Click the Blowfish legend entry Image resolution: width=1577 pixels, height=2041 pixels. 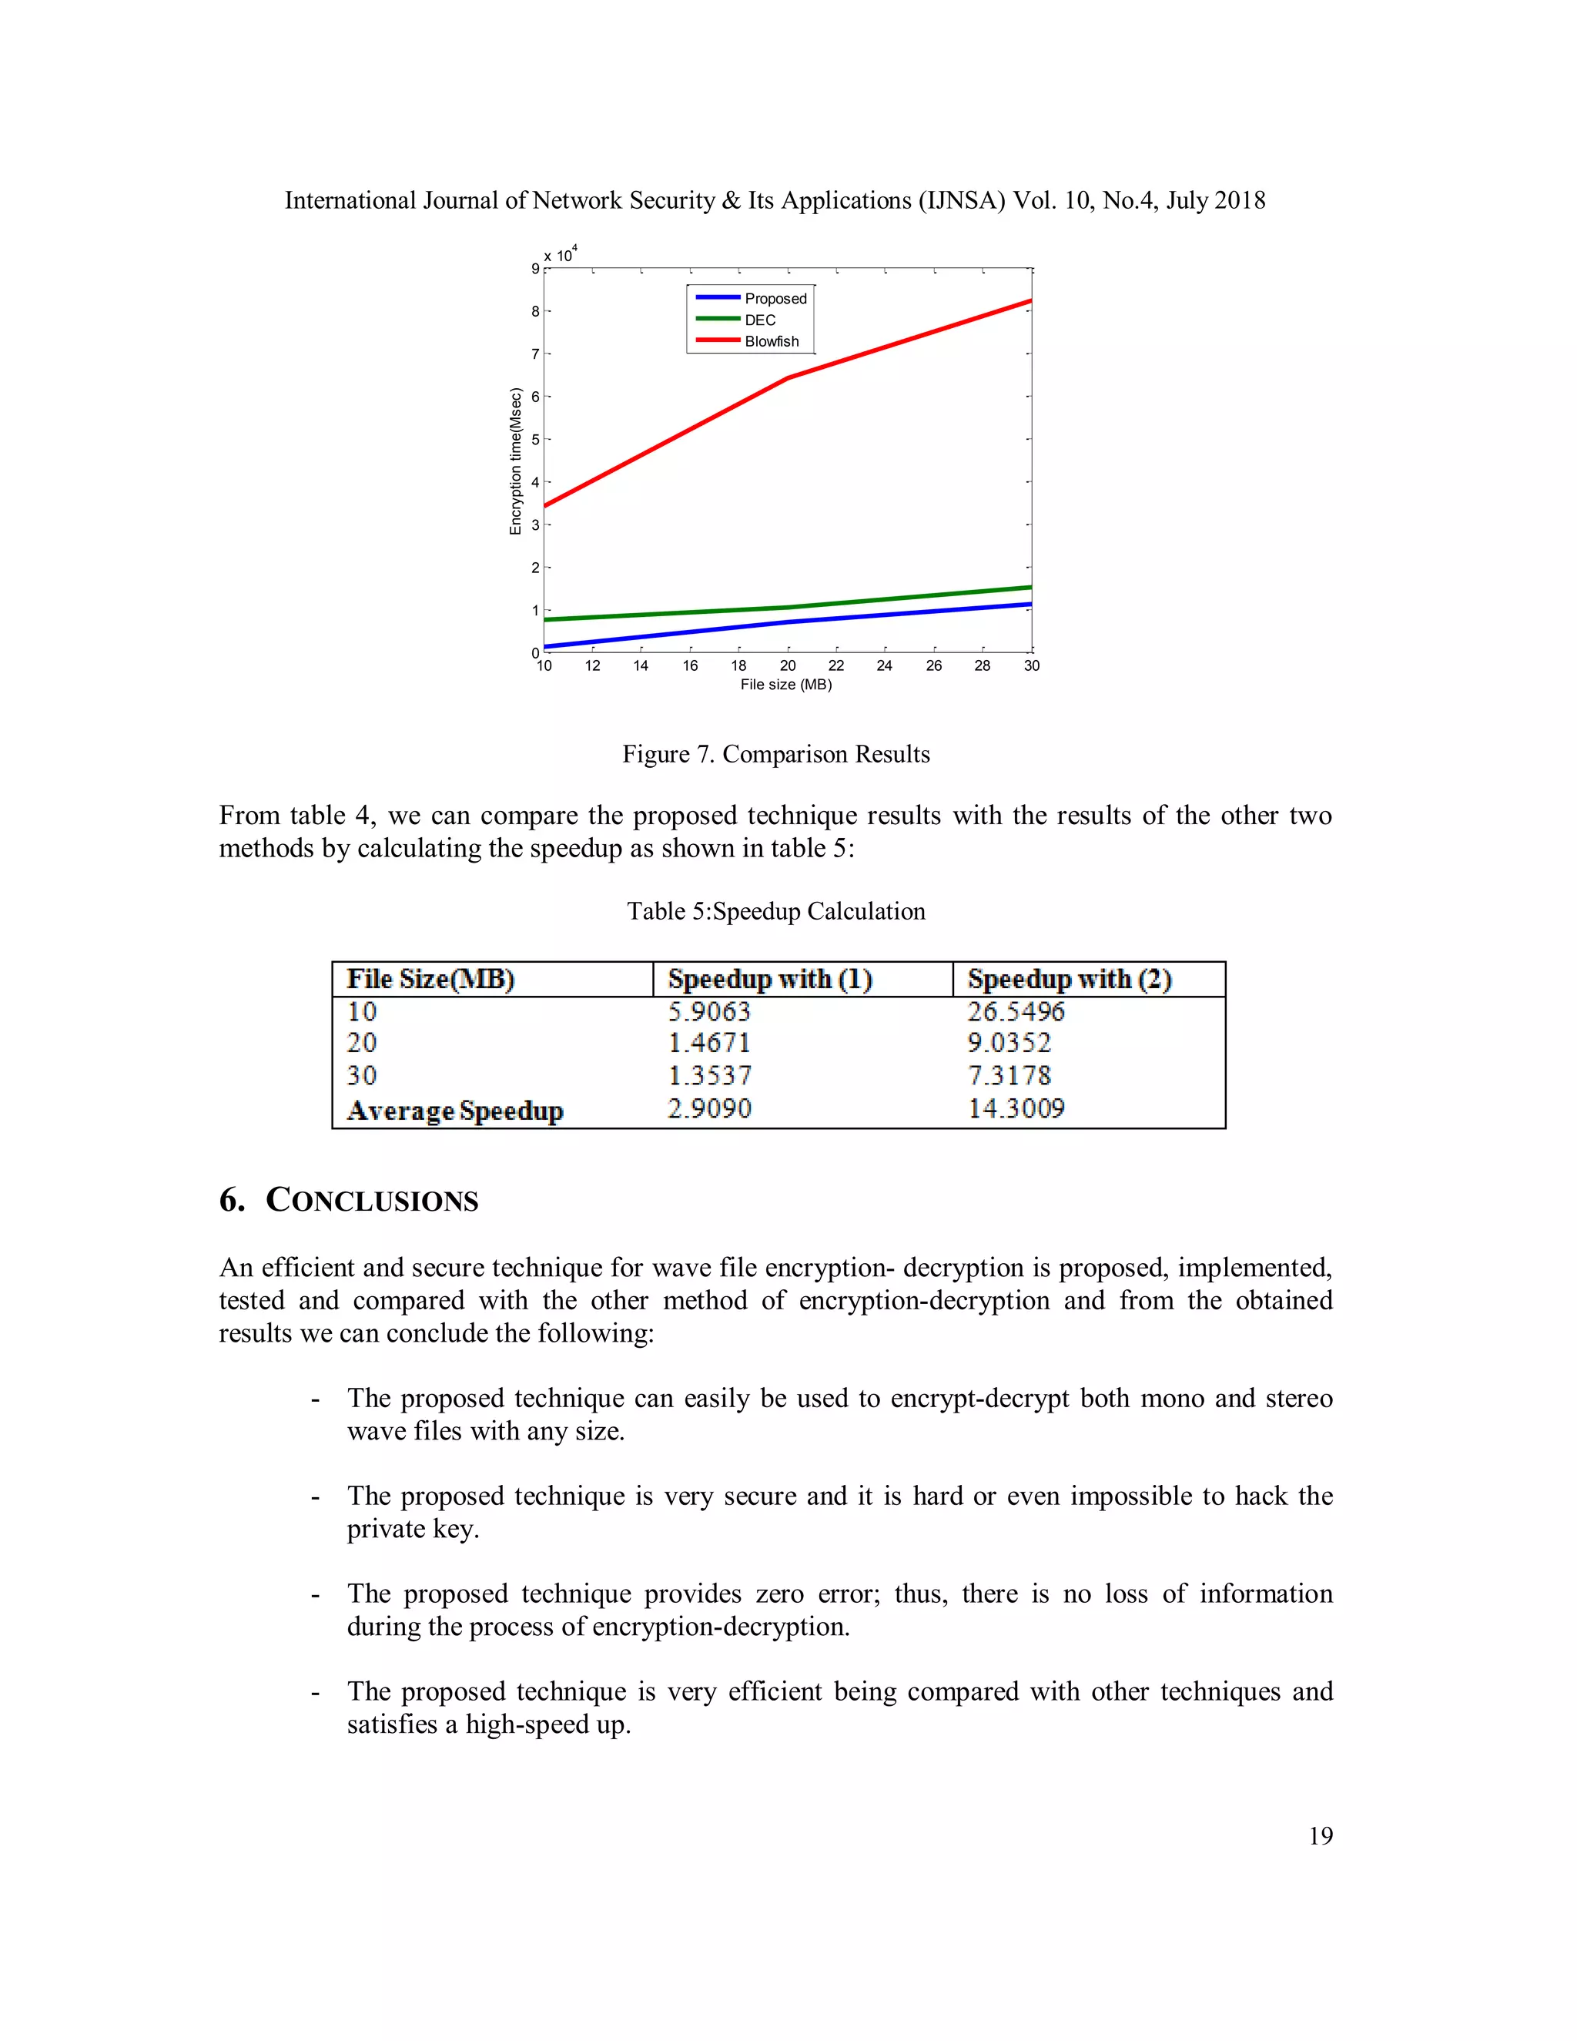point(771,341)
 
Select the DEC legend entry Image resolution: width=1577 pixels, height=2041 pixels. point(759,320)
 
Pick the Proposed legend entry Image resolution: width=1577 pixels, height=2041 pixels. point(775,298)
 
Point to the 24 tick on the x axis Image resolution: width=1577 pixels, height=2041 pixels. point(884,665)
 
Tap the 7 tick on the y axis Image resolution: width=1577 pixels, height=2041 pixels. point(535,354)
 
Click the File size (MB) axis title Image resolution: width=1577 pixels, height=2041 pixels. point(785,684)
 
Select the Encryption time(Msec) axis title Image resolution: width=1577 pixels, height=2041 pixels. point(515,461)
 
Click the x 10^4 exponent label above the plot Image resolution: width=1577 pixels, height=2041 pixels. point(561,254)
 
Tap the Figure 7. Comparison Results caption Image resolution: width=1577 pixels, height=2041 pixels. point(775,754)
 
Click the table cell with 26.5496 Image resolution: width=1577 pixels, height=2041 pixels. point(1016,1011)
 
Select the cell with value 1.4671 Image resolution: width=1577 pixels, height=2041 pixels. point(709,1043)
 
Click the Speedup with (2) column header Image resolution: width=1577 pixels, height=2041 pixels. point(1069,980)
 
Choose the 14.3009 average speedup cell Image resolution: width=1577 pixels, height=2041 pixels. point(1016,1108)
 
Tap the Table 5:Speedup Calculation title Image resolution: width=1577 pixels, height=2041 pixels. point(775,911)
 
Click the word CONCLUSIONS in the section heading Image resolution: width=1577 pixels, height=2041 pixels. point(372,1201)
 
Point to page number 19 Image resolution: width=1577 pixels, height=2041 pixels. point(1320,1835)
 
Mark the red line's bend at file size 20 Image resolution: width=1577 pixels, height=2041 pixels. point(788,377)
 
